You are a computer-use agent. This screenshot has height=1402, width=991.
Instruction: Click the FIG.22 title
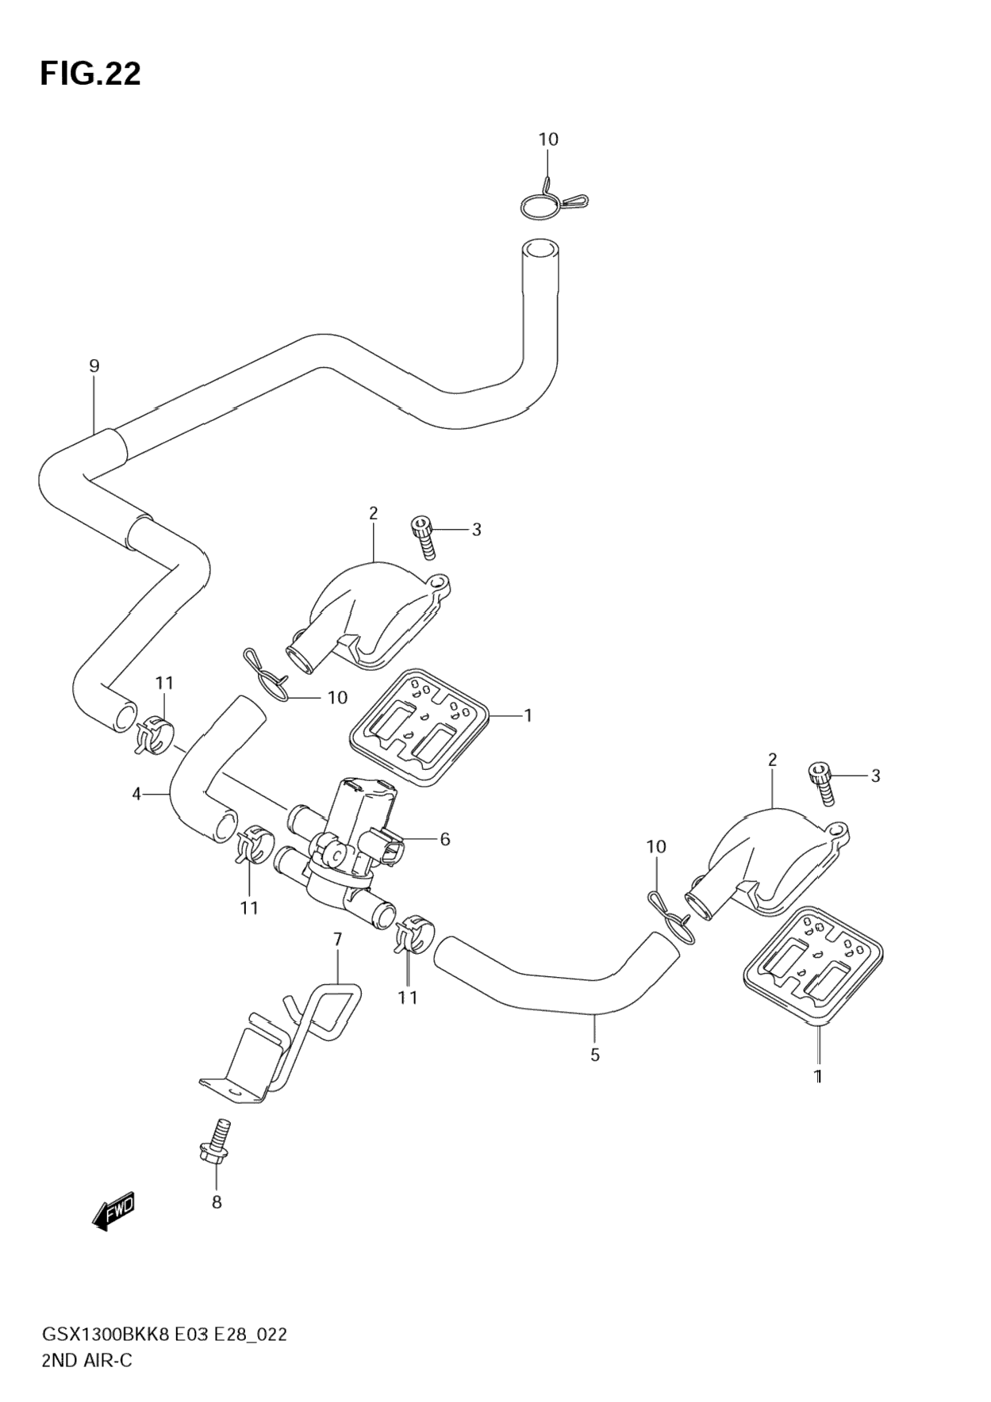(90, 74)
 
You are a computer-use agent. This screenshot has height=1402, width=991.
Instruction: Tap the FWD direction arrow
(114, 1211)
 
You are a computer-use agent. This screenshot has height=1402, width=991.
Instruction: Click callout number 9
(94, 366)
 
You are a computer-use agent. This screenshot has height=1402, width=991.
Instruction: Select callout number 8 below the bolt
(217, 1202)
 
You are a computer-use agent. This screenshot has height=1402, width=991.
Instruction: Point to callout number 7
(338, 939)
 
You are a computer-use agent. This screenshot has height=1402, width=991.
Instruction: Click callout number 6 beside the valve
(445, 839)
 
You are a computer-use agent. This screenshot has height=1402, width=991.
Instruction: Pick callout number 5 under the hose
(595, 1055)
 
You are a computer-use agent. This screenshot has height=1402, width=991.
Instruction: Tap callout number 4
(136, 794)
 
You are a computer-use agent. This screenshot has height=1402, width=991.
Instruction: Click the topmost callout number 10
(548, 140)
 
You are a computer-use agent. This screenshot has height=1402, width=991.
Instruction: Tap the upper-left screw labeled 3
(424, 537)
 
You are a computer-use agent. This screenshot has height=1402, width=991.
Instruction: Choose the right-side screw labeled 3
(821, 783)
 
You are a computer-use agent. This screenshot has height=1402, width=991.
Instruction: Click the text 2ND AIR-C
(87, 1361)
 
